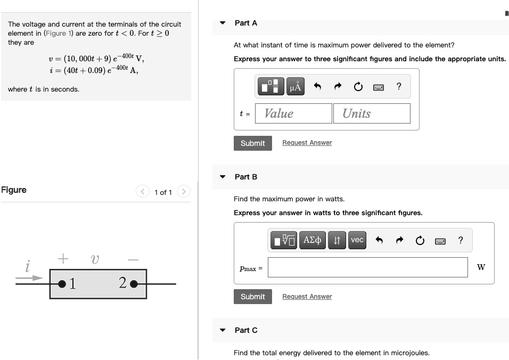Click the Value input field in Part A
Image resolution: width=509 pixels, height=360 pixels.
(293, 113)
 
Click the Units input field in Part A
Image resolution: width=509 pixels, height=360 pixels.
(372, 113)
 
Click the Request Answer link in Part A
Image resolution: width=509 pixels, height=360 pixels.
(307, 143)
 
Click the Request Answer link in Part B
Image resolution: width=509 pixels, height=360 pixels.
(307, 297)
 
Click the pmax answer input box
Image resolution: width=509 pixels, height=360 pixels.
(367, 267)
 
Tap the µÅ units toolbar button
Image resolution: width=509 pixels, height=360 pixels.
(295, 86)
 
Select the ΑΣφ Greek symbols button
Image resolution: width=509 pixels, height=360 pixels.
(312, 240)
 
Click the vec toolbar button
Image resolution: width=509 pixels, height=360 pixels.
(357, 240)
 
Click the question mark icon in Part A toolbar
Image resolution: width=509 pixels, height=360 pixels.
(399, 86)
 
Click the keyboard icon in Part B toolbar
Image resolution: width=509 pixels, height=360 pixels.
(440, 241)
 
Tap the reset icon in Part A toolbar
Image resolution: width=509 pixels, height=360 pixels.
(358, 86)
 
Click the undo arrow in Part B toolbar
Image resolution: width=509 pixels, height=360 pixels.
(379, 240)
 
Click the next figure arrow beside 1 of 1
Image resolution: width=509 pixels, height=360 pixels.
(183, 192)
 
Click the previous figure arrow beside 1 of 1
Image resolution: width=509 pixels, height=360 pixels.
(143, 192)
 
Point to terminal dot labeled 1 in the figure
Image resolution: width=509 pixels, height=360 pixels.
(62, 284)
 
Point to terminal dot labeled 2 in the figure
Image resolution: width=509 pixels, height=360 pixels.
(133, 284)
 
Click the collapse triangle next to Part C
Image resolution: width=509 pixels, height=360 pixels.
(223, 330)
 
